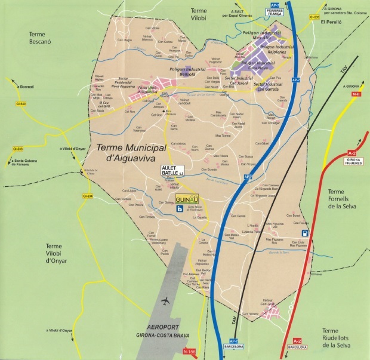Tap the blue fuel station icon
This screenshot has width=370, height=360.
[x=306, y=233]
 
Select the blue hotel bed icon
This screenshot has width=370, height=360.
[x=180, y=209]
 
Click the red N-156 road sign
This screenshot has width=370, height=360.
[x=189, y=352]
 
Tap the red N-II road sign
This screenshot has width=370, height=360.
[x=357, y=94]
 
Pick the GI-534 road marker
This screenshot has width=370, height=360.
[x=88, y=196]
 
